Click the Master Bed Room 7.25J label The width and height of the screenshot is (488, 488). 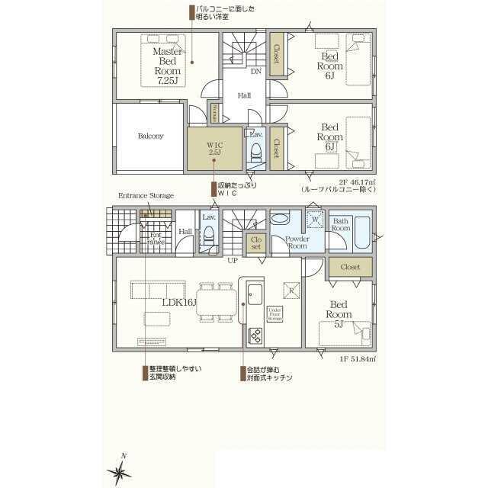point(166,66)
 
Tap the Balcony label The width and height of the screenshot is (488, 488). point(150,136)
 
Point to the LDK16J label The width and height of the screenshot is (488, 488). point(179,302)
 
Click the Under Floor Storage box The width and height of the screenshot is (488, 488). point(275,314)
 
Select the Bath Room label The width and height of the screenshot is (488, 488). point(340,225)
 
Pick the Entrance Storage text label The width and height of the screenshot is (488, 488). point(146,196)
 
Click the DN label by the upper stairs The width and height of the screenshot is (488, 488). point(256,71)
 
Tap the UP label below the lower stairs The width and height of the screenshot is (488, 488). point(232,260)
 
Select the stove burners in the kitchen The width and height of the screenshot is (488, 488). point(255,335)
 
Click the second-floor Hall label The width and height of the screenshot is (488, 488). point(244,95)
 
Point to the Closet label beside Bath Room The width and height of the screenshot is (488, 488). point(351,267)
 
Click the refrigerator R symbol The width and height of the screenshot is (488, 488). point(291,288)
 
